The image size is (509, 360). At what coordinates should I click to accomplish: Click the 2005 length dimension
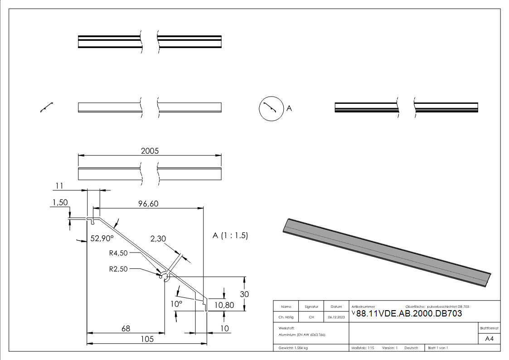point(150,151)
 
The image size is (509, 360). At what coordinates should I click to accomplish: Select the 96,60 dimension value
point(148,204)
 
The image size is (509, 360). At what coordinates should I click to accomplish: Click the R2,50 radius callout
point(118,268)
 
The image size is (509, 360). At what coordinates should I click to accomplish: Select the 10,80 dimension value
point(224,305)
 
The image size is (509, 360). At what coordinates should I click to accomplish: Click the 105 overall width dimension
point(147,339)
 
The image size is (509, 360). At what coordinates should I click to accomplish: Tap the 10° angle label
point(176,304)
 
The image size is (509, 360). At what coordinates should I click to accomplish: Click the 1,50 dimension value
point(60,202)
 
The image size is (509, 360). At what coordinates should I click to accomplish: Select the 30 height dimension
point(244,294)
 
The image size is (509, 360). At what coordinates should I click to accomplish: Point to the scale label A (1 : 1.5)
point(230,236)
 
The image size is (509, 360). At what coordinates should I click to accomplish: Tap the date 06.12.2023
point(336,317)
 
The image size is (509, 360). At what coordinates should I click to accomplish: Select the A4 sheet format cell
point(489,338)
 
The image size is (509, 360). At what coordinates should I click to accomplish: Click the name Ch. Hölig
point(286,317)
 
